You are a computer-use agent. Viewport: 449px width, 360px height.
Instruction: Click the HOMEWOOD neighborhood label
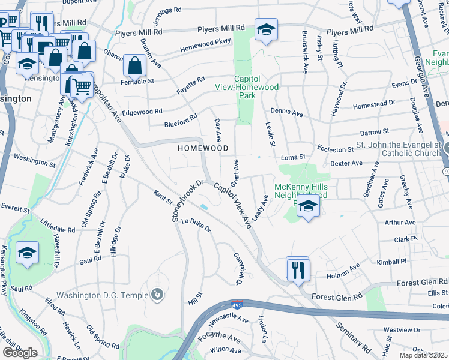[x=203, y=148]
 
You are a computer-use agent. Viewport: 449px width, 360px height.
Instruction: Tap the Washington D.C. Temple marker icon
[x=157, y=294]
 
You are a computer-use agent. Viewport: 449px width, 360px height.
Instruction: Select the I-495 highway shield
[x=238, y=305]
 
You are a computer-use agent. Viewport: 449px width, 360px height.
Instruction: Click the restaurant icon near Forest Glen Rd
[x=298, y=269]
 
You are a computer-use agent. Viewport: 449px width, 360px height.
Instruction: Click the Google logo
[x=20, y=353]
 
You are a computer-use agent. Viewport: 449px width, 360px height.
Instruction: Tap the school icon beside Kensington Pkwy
[x=27, y=253]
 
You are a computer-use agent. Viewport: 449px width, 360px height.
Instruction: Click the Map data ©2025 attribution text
[x=423, y=355]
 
